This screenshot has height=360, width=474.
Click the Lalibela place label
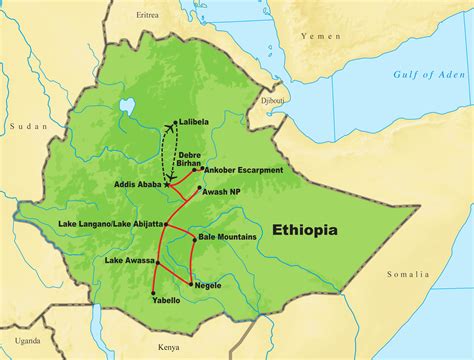click(198, 123)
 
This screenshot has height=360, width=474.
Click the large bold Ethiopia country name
click(304, 231)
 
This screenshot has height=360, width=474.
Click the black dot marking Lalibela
click(176, 123)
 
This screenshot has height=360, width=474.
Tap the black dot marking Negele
click(191, 284)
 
